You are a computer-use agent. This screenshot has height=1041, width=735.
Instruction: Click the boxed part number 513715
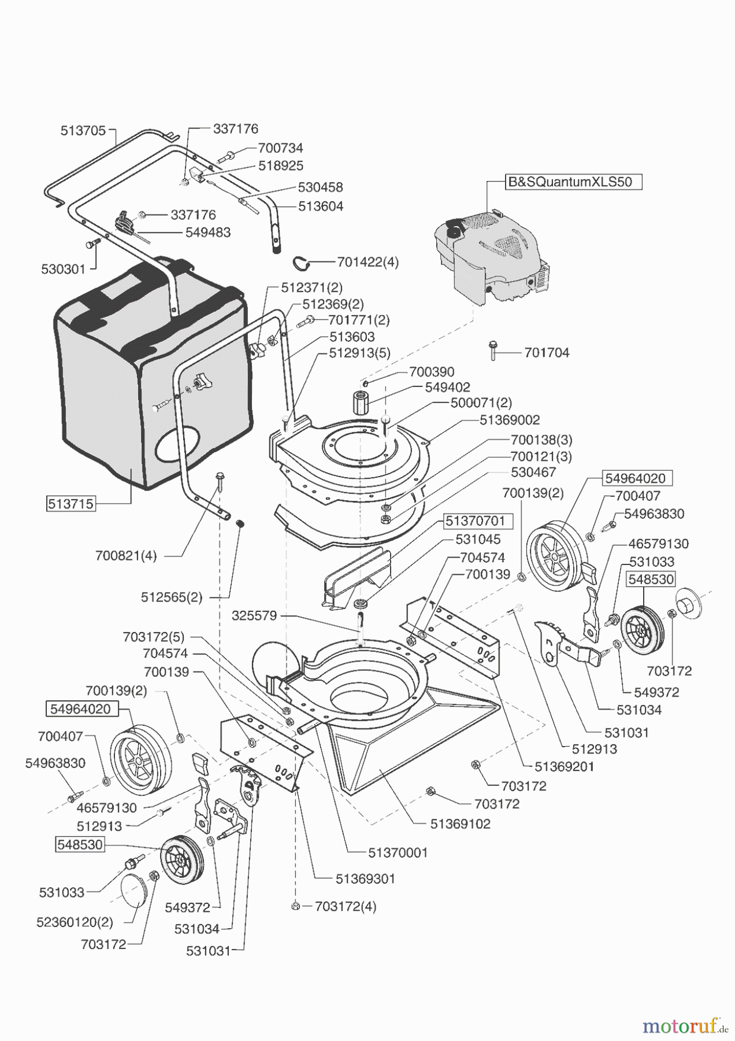[70, 504]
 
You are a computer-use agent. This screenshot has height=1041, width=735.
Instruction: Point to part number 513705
[83, 131]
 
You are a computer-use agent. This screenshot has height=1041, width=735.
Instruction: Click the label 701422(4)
[367, 262]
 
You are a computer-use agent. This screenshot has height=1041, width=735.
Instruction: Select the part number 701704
[547, 352]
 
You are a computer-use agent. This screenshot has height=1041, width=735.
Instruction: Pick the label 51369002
[510, 420]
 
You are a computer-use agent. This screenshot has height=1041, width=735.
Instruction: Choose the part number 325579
[254, 616]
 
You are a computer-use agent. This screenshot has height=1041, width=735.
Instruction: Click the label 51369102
[460, 824]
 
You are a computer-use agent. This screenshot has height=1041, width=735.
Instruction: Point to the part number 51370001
[398, 852]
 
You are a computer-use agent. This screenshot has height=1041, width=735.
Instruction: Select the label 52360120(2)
[75, 922]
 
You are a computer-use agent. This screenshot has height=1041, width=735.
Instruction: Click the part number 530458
[320, 187]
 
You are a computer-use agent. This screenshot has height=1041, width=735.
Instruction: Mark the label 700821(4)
[126, 556]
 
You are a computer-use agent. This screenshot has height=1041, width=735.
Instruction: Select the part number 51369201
[564, 766]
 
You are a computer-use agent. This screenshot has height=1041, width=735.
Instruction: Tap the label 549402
[447, 387]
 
